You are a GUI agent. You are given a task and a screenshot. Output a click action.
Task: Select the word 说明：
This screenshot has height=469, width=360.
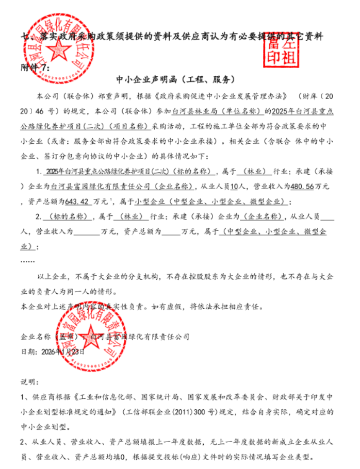pyautogui.click(x=29, y=382)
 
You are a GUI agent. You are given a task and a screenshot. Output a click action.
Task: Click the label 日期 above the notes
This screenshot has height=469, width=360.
pyautogui.click(x=27, y=351)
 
